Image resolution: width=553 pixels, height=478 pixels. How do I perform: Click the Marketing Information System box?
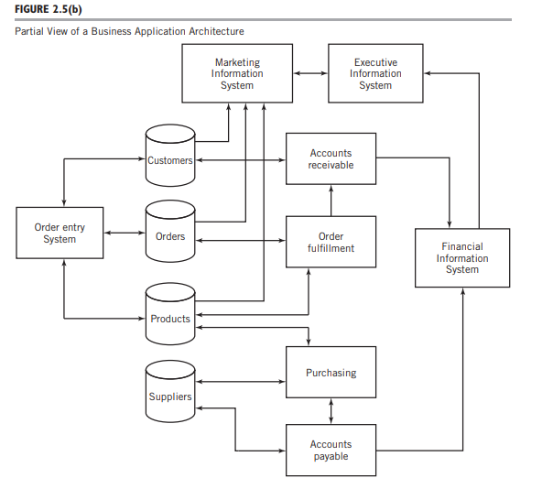[x=237, y=74]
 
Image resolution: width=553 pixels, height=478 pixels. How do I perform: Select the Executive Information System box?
[x=375, y=74]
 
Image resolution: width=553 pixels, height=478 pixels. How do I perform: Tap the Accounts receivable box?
[x=331, y=158]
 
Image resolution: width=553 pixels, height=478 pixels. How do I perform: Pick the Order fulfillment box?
[x=331, y=242]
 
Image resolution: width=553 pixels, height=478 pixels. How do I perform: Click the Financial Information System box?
[x=462, y=258]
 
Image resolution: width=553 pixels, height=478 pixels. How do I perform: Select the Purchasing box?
[x=331, y=373]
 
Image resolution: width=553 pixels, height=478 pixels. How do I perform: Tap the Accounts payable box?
[x=331, y=450]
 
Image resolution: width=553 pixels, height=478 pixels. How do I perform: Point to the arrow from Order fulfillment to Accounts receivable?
[x=331, y=200]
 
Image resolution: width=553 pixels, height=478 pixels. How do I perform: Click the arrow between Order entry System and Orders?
[x=124, y=233]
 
